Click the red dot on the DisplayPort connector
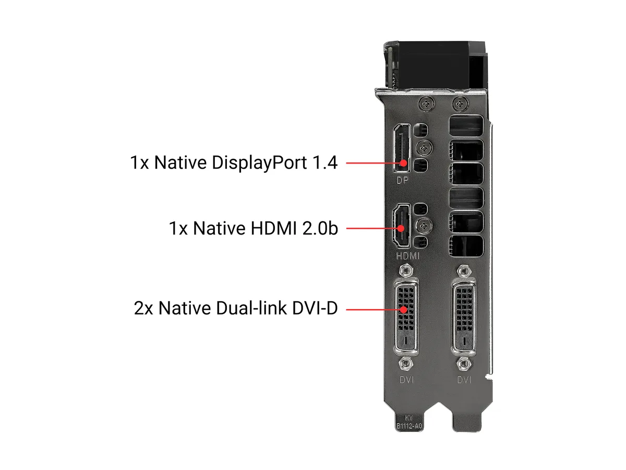click(x=403, y=163)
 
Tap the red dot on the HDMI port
click(x=401, y=228)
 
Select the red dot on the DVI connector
click(x=403, y=309)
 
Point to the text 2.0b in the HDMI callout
click(x=320, y=228)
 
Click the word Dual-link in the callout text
click(x=251, y=308)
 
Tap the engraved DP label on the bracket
click(x=402, y=180)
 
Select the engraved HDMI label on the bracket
click(x=408, y=256)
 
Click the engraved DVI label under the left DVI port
click(x=407, y=380)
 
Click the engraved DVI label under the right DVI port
click(x=464, y=380)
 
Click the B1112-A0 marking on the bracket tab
click(x=408, y=426)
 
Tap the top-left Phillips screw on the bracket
click(x=427, y=103)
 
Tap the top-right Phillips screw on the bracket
click(x=460, y=103)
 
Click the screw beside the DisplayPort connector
click(x=424, y=148)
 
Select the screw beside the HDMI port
click(x=424, y=226)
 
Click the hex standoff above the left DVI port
click(x=406, y=270)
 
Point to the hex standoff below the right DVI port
click(x=463, y=363)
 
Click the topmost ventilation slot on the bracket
click(x=466, y=126)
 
